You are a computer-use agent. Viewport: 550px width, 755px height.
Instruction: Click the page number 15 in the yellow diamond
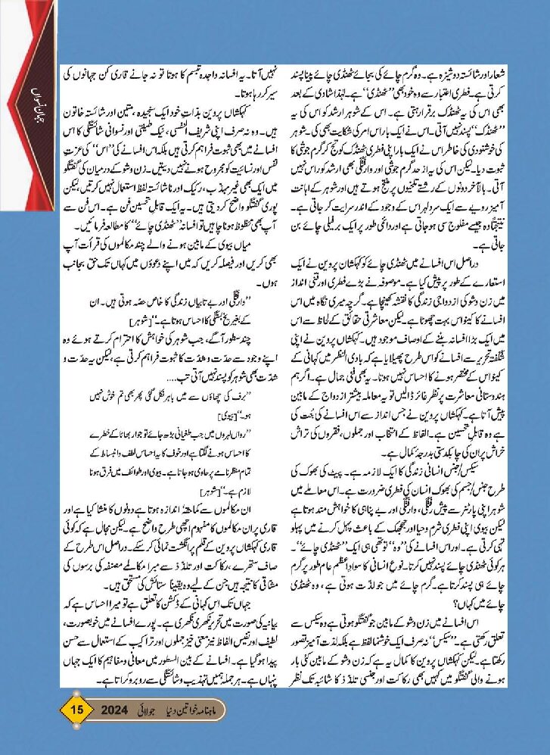click(x=74, y=712)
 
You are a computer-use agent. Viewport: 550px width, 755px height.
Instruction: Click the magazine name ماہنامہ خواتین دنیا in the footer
click(x=242, y=713)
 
